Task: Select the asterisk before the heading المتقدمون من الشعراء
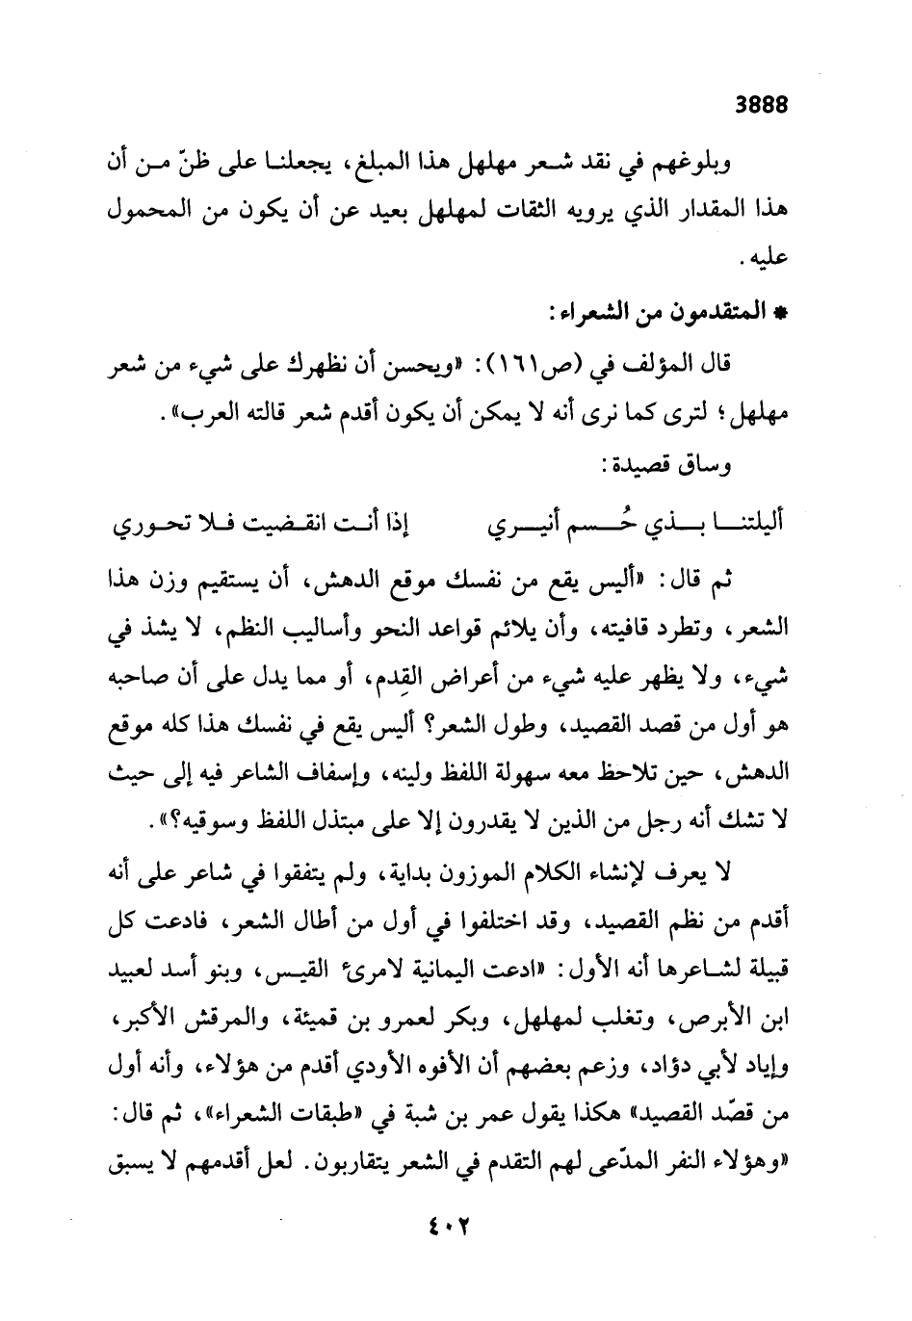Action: pyautogui.click(x=782, y=313)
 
